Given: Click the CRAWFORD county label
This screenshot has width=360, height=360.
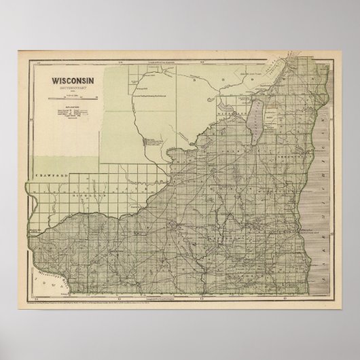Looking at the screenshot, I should (46, 175).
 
